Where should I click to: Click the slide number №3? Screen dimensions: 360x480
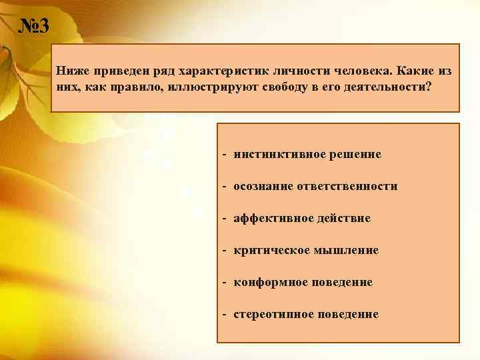[x=32, y=27]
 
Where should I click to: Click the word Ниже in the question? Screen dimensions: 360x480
[x=70, y=70]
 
